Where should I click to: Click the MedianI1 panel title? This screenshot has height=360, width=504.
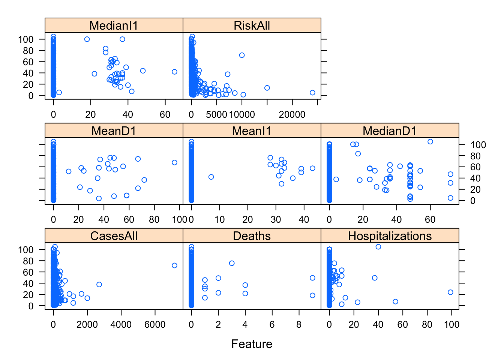point(114,25)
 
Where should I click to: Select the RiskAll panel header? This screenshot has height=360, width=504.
point(252,25)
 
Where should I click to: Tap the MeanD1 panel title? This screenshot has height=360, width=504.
point(114,131)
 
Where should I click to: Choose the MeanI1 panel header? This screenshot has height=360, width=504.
point(252,131)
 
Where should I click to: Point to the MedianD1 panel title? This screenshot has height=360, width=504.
point(390,131)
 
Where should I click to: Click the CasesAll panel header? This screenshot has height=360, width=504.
point(114,236)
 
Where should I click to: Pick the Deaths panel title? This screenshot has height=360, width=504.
point(252,236)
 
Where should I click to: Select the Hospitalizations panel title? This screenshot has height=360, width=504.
point(390,236)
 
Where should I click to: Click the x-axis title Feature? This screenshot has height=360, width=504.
point(252,344)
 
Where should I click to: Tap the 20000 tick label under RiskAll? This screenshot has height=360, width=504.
point(292,114)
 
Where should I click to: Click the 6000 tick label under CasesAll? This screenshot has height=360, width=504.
point(155,324)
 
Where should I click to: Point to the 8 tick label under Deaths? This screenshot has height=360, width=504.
point(299,324)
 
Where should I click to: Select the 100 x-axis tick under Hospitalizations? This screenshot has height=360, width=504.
point(451,324)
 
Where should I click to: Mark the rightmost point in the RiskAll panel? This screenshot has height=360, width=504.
point(312,93)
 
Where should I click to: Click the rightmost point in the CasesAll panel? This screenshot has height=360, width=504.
point(174,265)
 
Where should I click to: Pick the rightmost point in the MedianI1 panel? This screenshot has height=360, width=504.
point(174,72)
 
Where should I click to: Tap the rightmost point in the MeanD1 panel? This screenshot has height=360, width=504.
point(174,162)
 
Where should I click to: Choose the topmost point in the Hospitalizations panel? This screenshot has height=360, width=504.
point(378,247)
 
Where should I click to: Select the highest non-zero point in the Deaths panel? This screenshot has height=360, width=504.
point(232,263)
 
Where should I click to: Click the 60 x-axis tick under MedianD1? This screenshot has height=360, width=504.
point(430,219)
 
